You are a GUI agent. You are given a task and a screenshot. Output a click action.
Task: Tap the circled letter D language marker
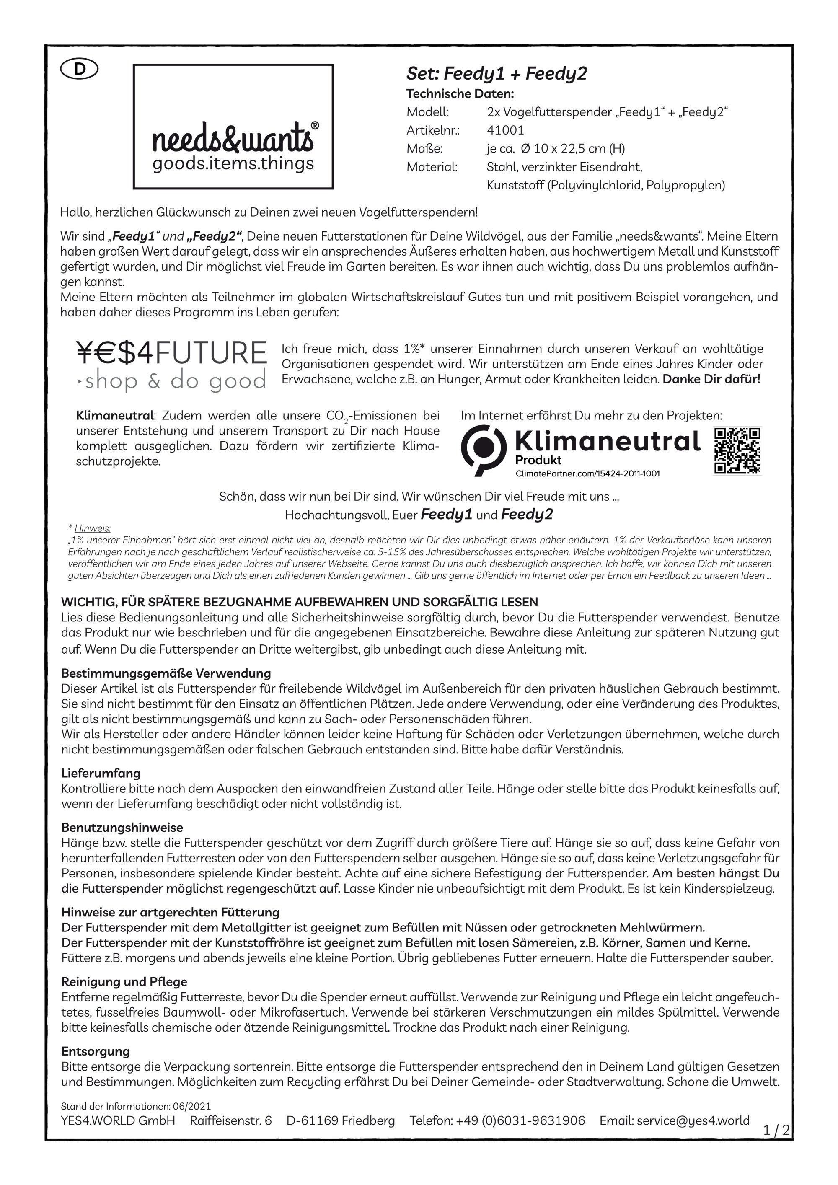(x=80, y=69)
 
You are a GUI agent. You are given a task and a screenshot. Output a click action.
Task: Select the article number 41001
(x=505, y=130)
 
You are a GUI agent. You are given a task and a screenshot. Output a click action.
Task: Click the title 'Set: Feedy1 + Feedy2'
(x=497, y=74)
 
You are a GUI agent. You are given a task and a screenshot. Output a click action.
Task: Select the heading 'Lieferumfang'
(x=101, y=773)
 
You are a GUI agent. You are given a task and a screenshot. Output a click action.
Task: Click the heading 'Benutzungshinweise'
(x=122, y=827)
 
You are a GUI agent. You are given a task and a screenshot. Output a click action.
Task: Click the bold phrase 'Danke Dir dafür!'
(x=711, y=379)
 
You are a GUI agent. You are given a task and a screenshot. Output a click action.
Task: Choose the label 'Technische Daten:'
(x=460, y=94)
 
